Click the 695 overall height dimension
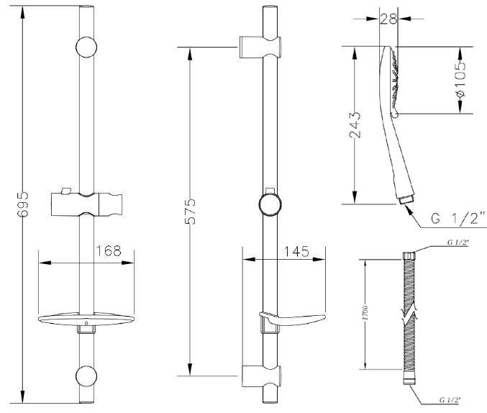coord(23,204)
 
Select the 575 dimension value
coord(190,212)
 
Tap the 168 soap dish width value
coord(109,251)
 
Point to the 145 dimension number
coord(296,251)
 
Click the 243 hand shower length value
coord(355,124)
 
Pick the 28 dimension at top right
coord(388,19)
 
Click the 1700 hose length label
coord(365,313)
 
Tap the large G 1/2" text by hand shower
coord(458,218)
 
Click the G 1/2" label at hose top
coord(458,242)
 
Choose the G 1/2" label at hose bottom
coord(450,400)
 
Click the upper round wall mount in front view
coord(86,47)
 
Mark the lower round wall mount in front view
coord(86,376)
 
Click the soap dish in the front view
coord(86,319)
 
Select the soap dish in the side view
coord(292,319)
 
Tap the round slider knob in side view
coord(270,204)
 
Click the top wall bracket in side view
coord(260,47)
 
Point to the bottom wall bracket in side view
coord(262,376)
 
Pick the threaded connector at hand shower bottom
coord(406,199)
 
